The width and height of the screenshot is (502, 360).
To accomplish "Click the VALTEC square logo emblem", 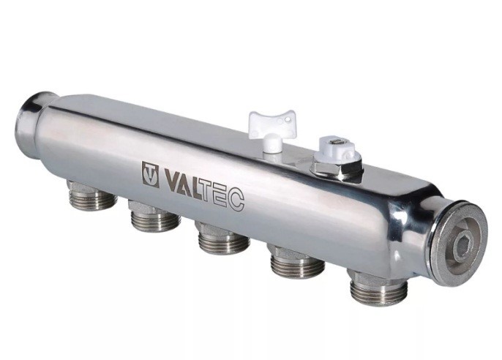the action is tap(151, 174).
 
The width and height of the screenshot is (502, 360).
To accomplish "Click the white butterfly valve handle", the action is tap(271, 127).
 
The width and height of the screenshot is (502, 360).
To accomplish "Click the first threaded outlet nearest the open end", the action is tap(92, 196).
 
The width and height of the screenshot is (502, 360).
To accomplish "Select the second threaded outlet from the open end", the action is tap(155, 216).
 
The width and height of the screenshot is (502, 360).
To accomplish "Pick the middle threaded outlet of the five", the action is tap(223, 238).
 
